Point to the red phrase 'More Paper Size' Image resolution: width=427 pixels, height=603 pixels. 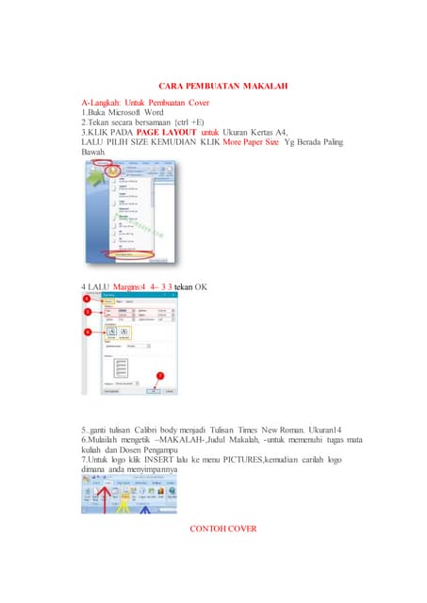(x=251, y=142)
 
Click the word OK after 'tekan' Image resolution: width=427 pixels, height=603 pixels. (x=202, y=285)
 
